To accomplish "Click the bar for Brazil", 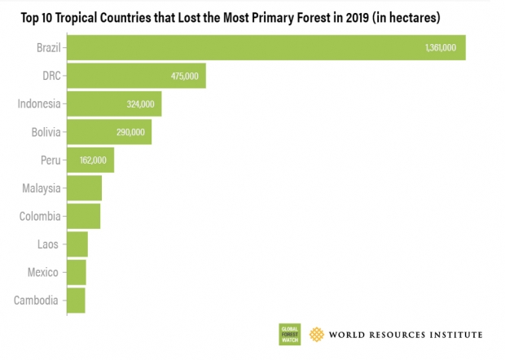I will (266, 48).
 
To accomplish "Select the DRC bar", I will (136, 76).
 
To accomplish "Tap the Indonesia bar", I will (114, 103).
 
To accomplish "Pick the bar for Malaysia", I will (84, 188).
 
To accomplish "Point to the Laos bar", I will (77, 244).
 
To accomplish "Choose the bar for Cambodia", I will (76, 300).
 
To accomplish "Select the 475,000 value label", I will (183, 77).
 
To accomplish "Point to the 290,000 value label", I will (130, 132).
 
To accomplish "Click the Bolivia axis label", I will (41, 132).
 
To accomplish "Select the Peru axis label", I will (49, 160).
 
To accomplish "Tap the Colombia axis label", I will (39, 216).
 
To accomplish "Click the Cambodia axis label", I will (36, 300).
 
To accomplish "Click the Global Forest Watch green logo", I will (291, 333).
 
